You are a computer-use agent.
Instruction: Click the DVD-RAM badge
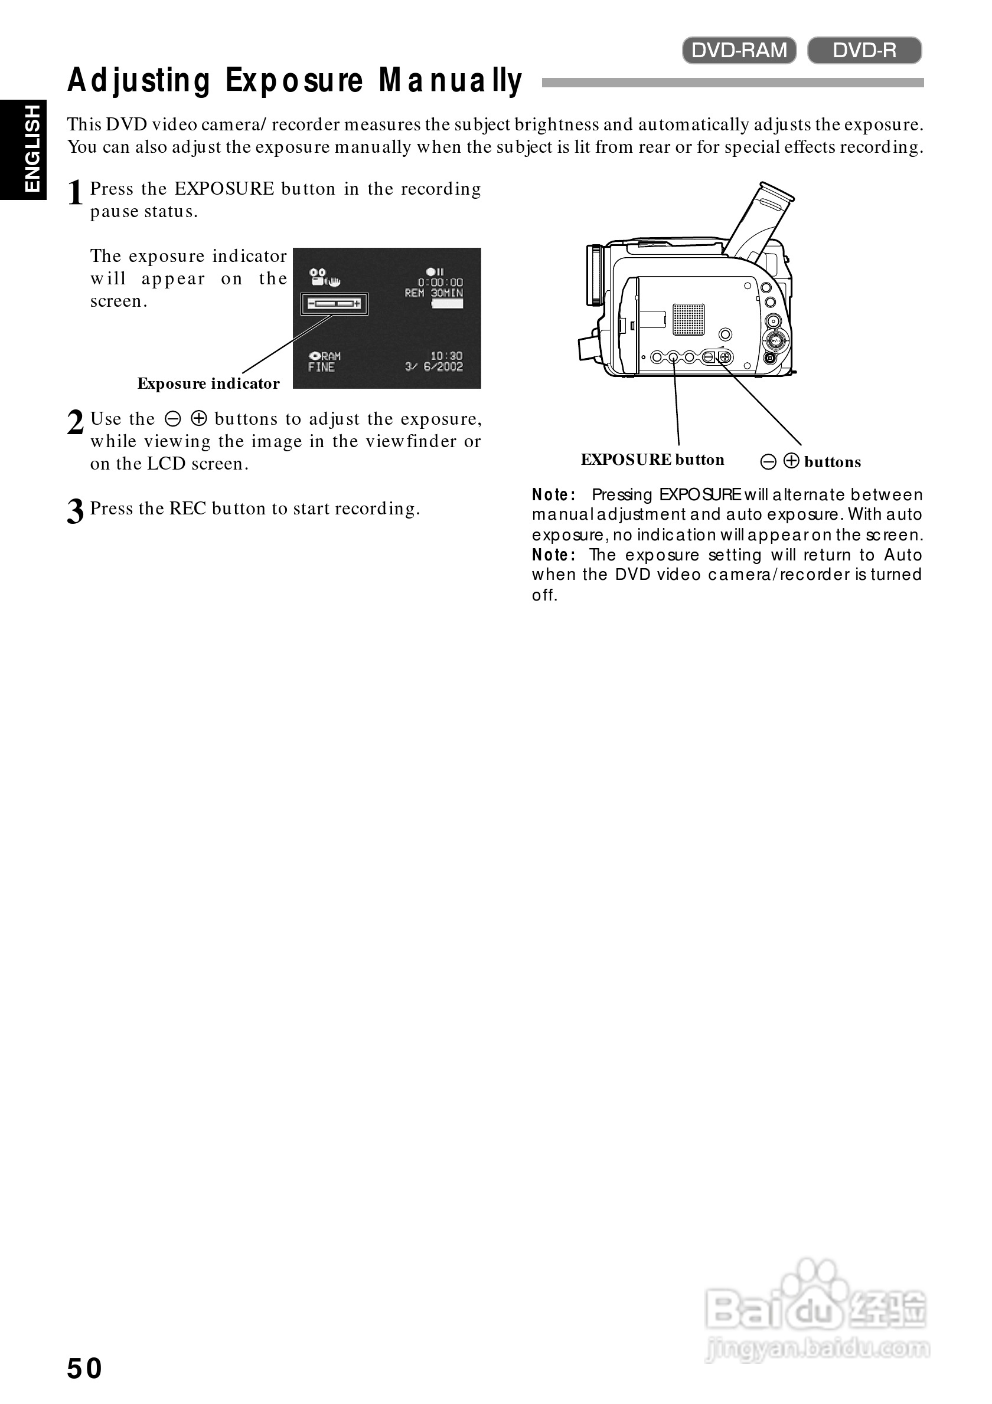click(x=739, y=50)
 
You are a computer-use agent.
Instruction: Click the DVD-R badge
click(x=864, y=50)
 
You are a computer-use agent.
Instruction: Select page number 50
click(x=84, y=1369)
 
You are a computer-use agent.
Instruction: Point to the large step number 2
click(x=75, y=422)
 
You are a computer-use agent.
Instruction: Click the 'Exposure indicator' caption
click(x=208, y=383)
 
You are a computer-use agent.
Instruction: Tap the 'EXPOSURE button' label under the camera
click(x=652, y=460)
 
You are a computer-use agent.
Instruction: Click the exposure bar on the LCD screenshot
click(x=334, y=303)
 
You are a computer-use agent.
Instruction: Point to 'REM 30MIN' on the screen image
click(x=434, y=294)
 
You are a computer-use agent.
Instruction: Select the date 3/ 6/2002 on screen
click(x=434, y=367)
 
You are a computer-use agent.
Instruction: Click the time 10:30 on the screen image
click(x=446, y=356)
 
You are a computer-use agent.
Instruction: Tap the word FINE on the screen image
click(x=321, y=367)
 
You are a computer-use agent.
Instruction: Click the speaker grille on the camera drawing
click(x=688, y=319)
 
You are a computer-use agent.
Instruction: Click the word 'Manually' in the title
click(x=451, y=81)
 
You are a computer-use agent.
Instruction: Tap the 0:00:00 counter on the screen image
click(x=440, y=283)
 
